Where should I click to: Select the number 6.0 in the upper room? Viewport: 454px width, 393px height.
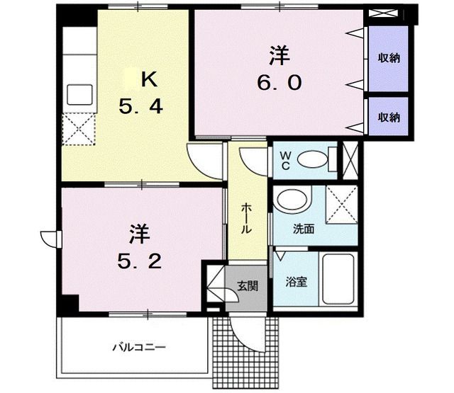[x=279, y=83]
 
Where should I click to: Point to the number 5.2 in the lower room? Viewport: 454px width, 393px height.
[x=139, y=261]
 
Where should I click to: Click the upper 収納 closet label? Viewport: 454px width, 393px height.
[x=388, y=58]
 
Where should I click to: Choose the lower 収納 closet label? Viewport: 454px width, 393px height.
[x=388, y=117]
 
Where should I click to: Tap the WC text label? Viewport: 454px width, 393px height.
[x=284, y=160]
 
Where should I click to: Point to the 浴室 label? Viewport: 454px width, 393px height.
[x=296, y=281]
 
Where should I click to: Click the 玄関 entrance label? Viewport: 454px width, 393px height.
[x=247, y=286]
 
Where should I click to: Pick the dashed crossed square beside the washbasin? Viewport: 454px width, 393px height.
[x=340, y=205]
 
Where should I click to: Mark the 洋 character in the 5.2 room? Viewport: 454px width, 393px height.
[x=139, y=234]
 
